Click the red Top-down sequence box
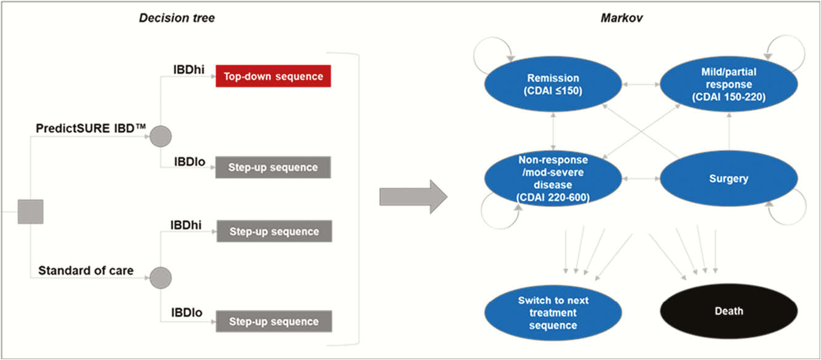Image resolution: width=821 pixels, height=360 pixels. click(x=273, y=76)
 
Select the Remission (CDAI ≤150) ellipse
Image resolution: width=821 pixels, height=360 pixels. click(x=553, y=84)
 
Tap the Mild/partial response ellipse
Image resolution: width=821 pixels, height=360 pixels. click(x=729, y=84)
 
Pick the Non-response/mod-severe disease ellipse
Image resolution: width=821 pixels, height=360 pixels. click(x=553, y=178)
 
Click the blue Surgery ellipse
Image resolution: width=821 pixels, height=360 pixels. click(x=729, y=178)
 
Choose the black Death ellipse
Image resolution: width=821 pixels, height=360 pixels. click(x=729, y=311)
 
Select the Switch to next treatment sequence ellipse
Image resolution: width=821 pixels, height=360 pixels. click(x=553, y=313)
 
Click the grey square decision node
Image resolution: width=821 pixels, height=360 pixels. click(x=30, y=212)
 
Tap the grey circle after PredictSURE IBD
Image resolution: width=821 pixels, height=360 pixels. click(x=161, y=136)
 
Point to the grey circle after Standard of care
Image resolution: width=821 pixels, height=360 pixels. click(x=161, y=278)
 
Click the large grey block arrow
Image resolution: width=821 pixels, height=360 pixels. click(x=413, y=196)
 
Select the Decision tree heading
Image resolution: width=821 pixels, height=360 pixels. click(x=177, y=18)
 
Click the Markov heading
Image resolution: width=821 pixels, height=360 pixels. click(x=621, y=18)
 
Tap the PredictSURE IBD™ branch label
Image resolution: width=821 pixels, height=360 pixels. click(x=90, y=129)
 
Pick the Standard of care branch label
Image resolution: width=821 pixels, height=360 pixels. click(x=86, y=271)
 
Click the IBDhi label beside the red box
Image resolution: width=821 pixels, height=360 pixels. click(x=189, y=70)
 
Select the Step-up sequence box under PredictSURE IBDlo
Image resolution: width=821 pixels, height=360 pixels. click(x=273, y=167)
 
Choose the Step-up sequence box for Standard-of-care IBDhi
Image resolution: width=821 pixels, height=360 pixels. click(x=274, y=231)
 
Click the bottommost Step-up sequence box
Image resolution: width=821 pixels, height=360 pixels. click(x=274, y=321)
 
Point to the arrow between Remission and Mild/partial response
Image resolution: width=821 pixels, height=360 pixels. click(x=641, y=84)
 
